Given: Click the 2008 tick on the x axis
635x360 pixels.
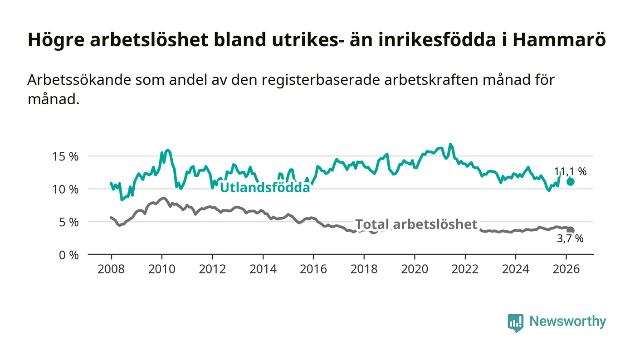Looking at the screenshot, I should pos(111,269).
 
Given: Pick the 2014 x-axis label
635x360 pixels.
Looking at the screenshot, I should pos(263,269).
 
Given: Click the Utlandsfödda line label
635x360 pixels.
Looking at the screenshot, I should pos(265,187).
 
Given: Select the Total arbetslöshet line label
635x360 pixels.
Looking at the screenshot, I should pos(416,224).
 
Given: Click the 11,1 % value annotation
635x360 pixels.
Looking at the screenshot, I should pos(570,171).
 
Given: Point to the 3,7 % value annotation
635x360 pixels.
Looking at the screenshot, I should pos(570,238).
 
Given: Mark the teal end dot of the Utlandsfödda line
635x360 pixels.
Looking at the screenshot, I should pos(571,181).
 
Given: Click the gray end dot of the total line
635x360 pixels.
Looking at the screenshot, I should pos(571,230).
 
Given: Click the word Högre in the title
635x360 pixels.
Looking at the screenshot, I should pos(55,40).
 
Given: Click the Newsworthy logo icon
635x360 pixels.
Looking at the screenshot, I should pos(515,322).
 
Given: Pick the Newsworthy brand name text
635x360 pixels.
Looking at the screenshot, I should pos(567,321).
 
